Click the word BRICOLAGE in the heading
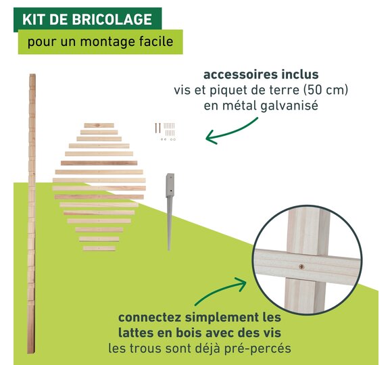pyautogui.click(x=112, y=19)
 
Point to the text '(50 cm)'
pyautogui.click(x=326, y=90)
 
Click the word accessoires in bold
pyautogui.click(x=239, y=74)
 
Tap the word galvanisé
pyautogui.click(x=289, y=105)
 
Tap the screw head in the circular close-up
pyautogui.click(x=302, y=266)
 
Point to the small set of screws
pyautogui.click(x=166, y=131)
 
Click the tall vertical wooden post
pyautogui.click(x=32, y=214)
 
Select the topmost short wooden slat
pyautogui.click(x=99, y=125)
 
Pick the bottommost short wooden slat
pyautogui.click(x=99, y=248)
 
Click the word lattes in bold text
pyautogui.click(x=135, y=333)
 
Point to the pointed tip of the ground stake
pyautogui.click(x=169, y=249)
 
